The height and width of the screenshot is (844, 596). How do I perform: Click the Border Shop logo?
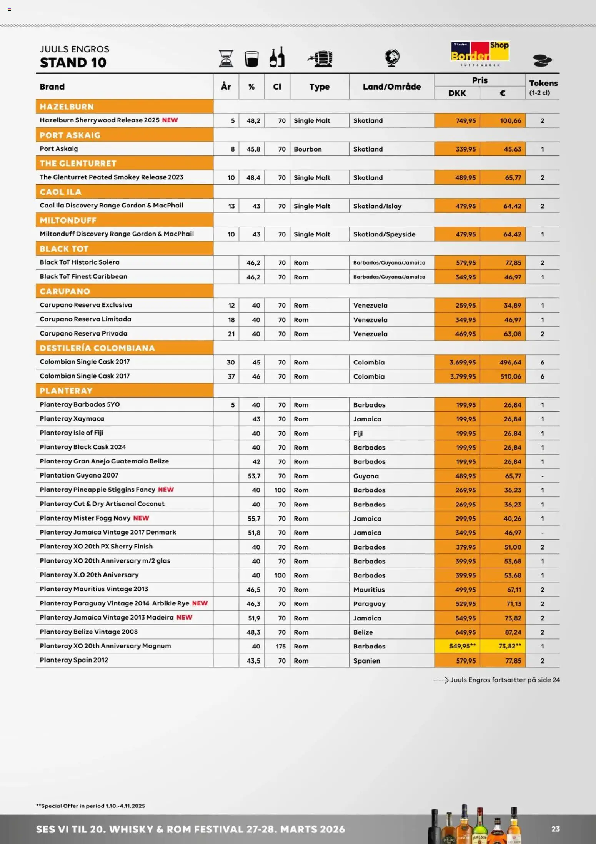click(479, 53)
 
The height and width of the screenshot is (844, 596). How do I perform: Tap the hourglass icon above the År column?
click(226, 58)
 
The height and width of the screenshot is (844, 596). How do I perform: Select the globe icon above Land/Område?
click(392, 58)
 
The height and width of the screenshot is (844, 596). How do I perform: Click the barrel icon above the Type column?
click(320, 59)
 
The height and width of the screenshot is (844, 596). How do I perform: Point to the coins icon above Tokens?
click(542, 60)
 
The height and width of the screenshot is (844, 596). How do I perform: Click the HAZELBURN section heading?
click(67, 107)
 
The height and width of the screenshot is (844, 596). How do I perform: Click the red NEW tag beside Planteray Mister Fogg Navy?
click(141, 518)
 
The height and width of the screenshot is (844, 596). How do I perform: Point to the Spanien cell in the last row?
click(366, 661)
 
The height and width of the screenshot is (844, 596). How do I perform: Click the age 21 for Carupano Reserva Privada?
click(231, 334)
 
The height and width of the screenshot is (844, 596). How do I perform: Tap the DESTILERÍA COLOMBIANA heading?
click(97, 348)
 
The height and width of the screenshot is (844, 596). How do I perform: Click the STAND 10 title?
click(73, 63)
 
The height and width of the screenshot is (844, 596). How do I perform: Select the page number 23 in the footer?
click(555, 829)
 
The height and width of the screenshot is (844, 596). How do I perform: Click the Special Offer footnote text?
click(90, 806)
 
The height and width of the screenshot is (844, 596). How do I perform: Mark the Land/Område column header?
click(391, 87)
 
